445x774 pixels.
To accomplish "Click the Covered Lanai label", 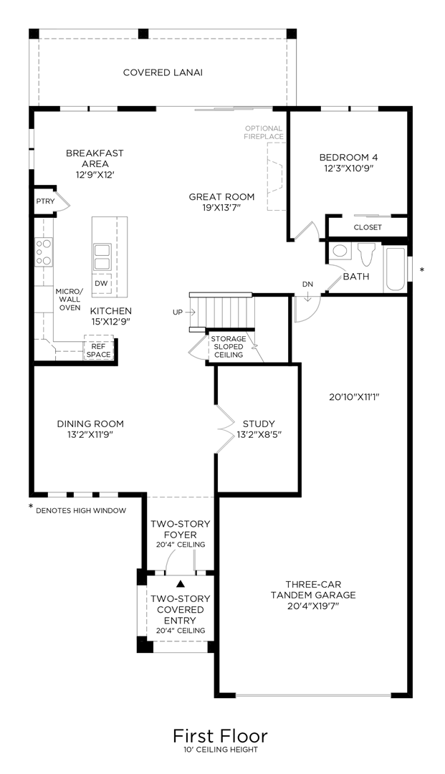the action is [x=163, y=72].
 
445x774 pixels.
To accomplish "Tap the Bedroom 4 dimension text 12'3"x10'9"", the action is [x=348, y=168].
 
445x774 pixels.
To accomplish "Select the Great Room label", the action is [x=221, y=197].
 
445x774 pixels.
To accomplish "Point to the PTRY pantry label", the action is [x=45, y=201].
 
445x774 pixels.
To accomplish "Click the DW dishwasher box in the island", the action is [x=101, y=283].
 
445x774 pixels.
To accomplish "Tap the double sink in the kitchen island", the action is [x=102, y=257].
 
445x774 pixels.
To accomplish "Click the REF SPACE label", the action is [x=99, y=350].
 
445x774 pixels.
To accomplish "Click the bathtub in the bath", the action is [x=395, y=269].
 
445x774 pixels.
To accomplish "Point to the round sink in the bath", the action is [x=340, y=251].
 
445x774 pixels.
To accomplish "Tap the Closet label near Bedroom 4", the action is [x=368, y=228].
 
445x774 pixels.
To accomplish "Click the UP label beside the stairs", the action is [x=177, y=312].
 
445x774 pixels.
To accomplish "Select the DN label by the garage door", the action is [x=307, y=285].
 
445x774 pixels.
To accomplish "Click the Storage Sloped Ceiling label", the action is [x=229, y=347].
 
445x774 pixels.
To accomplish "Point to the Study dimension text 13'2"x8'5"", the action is [x=259, y=434].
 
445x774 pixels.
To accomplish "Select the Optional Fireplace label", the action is [x=264, y=133].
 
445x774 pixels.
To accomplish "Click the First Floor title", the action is [x=220, y=736].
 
